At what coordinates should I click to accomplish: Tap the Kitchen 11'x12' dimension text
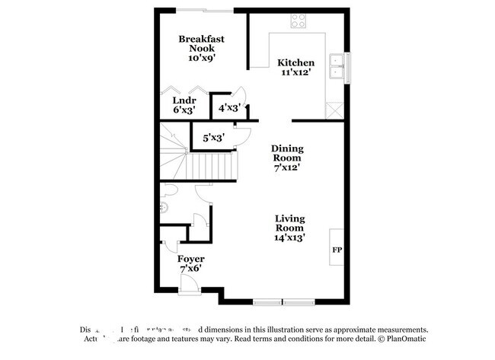point(295,72)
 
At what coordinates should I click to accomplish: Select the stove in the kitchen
point(298,21)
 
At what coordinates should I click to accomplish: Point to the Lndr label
point(184,100)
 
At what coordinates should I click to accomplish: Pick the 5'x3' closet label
point(212,138)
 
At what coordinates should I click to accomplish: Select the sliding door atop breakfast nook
point(206,10)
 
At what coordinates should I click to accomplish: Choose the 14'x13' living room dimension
point(289,237)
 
